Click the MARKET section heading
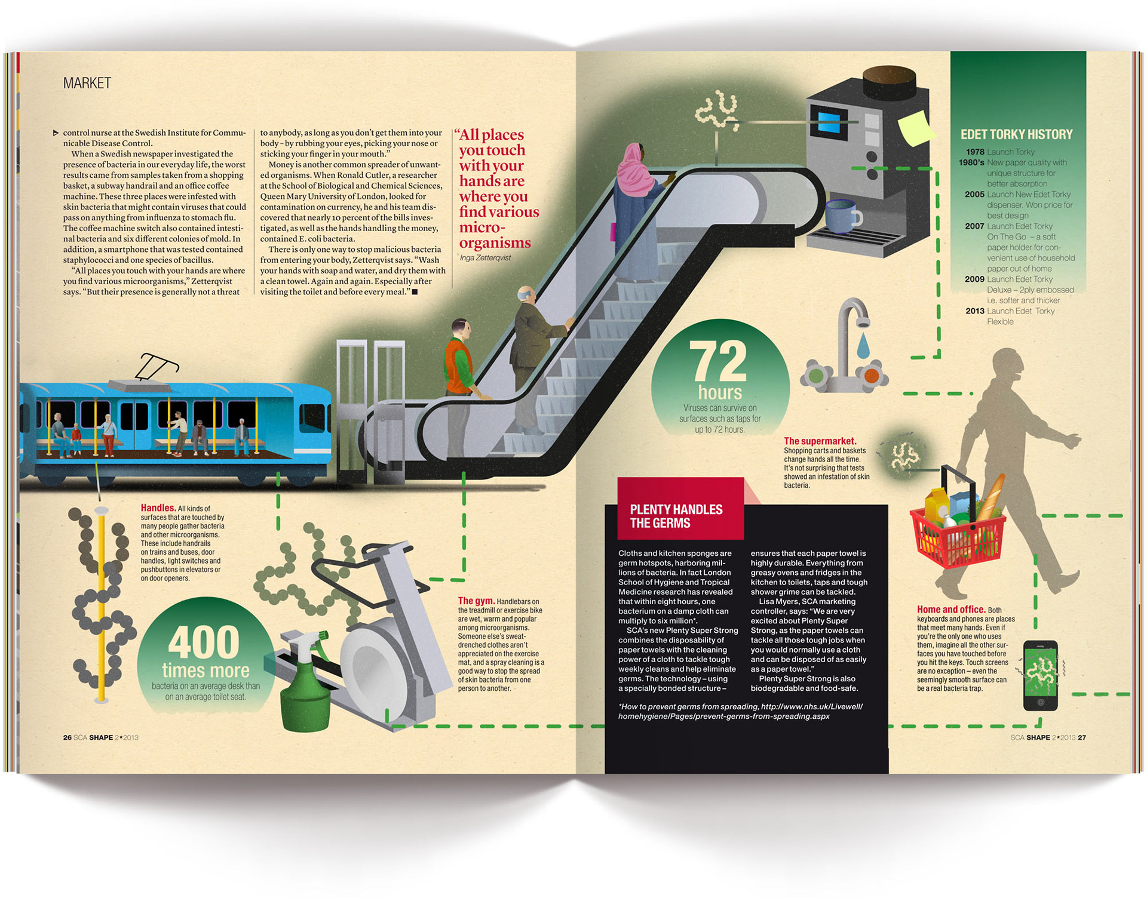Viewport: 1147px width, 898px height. click(87, 83)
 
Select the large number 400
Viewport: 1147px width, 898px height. click(204, 642)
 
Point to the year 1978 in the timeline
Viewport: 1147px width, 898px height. click(975, 152)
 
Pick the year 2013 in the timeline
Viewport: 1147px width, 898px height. click(974, 311)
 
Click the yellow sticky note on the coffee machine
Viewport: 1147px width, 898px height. click(913, 128)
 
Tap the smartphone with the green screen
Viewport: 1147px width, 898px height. click(1040, 675)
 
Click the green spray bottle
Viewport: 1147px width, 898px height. click(305, 687)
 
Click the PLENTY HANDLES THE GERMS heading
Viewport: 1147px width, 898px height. click(676, 516)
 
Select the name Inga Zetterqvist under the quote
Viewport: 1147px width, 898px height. click(485, 258)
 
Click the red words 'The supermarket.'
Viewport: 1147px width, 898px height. click(820, 441)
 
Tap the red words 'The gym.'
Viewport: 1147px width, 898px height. click(476, 601)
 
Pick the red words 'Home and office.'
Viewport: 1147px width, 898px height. click(950, 609)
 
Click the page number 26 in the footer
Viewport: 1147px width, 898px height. click(67, 737)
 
